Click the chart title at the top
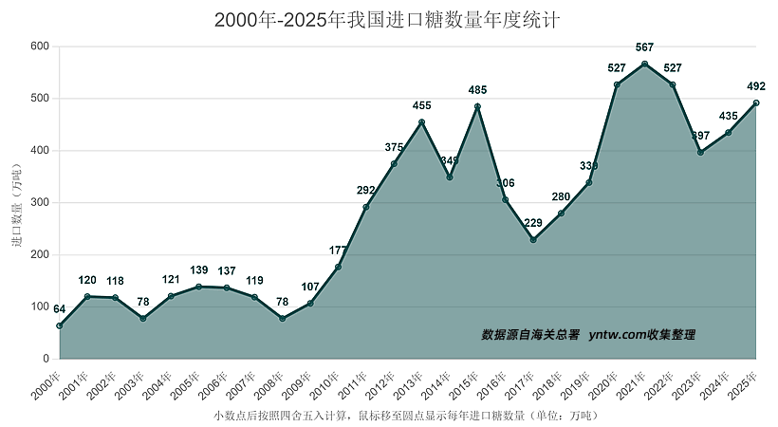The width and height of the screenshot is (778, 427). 388,20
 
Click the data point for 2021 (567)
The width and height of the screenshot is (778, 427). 644,64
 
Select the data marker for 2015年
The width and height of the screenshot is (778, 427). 477,106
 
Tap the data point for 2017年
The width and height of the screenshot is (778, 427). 533,240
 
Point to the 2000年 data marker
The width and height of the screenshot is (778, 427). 60,325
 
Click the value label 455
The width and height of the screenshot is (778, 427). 421,105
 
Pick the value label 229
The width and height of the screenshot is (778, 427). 533,223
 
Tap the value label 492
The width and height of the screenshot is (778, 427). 756,86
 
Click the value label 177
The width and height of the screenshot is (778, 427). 338,251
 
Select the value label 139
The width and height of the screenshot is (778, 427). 198,270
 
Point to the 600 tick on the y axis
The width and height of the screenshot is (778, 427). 40,46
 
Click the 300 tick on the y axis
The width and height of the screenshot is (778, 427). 40,203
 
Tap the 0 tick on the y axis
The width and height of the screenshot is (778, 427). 46,359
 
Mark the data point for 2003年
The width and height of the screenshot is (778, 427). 143,318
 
